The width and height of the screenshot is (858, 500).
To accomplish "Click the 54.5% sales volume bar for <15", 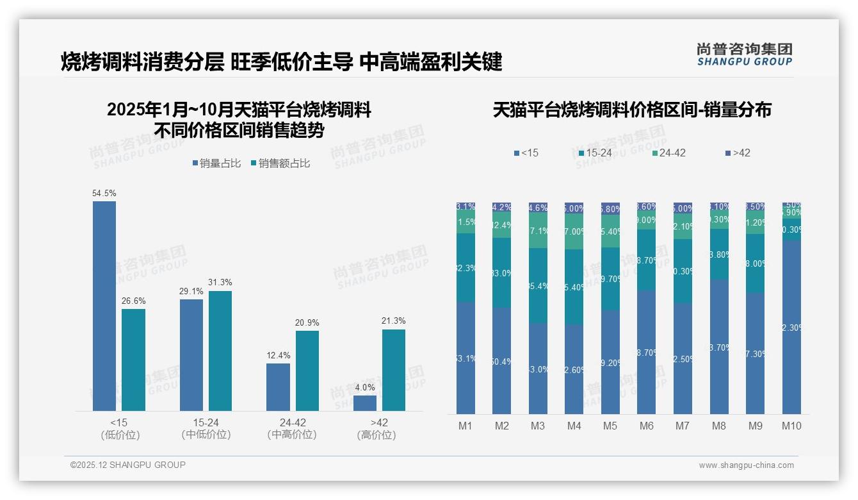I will click(104, 306).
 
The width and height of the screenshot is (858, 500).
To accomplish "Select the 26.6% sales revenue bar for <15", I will click(133, 360).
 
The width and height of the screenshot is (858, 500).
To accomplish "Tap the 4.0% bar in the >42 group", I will click(365, 403).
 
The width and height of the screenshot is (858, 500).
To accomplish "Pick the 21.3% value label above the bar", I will click(393, 321).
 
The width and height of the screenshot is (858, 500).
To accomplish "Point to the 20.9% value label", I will click(307, 322).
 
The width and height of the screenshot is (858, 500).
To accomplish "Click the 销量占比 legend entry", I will click(216, 163).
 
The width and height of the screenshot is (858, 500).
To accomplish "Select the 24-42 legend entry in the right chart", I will click(668, 153).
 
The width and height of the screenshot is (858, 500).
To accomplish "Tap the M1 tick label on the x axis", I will click(465, 426).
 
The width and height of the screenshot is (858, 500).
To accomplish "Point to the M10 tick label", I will click(791, 426).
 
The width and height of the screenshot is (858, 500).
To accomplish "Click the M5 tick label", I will click(610, 426).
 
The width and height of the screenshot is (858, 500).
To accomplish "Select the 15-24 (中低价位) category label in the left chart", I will click(206, 428).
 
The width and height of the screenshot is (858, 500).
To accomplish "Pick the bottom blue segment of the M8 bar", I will click(719, 347).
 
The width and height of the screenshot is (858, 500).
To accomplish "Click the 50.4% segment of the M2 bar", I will click(501, 361).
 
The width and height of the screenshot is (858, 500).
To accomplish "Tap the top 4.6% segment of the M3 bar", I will click(538, 208).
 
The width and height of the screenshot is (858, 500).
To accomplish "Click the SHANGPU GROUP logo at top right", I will click(745, 54).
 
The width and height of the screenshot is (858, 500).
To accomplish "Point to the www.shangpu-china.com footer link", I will click(746, 465).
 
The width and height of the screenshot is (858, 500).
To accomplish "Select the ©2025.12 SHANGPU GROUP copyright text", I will click(128, 465).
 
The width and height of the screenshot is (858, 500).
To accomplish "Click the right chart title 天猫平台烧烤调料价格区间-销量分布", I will click(632, 110).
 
